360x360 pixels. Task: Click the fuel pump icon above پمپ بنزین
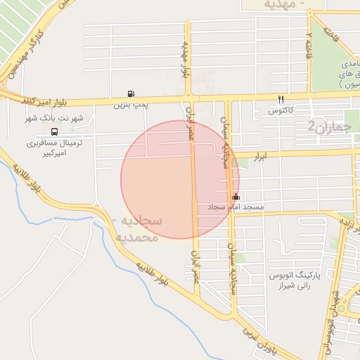(131, 94)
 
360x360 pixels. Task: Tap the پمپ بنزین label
(131, 105)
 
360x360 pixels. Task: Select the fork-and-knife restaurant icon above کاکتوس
(281, 99)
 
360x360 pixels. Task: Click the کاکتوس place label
(281, 111)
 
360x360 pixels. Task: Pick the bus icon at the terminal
(54, 131)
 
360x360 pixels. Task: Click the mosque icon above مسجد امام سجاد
(236, 197)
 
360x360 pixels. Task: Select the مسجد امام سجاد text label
(235, 209)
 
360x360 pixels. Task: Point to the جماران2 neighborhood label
(328, 127)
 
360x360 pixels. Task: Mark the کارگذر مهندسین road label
(28, 53)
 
